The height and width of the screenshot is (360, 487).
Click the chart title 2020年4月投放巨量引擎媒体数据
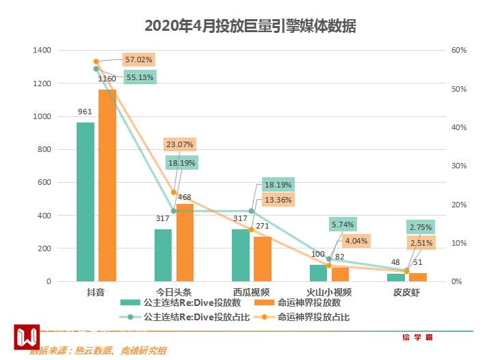tap(250, 26)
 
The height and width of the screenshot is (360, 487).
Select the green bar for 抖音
tap(85, 201)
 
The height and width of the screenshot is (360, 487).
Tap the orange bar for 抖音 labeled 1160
tap(107, 185)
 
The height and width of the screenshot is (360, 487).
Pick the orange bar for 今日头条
tap(185, 242)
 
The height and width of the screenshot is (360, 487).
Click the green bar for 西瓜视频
tap(241, 255)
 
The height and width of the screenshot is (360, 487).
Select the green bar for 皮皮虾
tap(396, 277)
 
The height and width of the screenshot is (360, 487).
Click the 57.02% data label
tap(138, 60)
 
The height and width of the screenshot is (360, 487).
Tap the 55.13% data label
tap(140, 77)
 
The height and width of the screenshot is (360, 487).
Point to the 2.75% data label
tap(420, 227)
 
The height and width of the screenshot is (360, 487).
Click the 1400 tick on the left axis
tap(42, 51)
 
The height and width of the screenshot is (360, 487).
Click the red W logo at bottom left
tap(27, 337)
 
